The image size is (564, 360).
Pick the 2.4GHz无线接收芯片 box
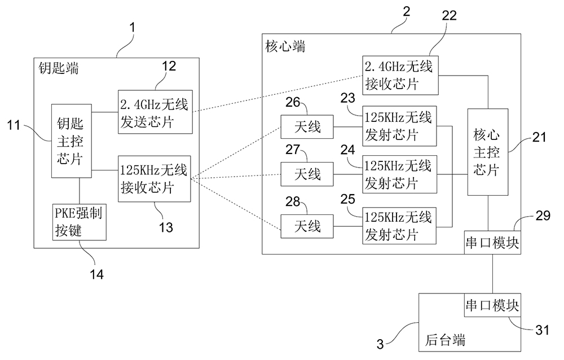tap(399, 77)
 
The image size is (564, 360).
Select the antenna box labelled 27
tap(307, 175)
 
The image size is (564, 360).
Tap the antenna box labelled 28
tap(307, 226)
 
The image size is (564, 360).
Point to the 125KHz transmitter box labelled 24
tap(399, 174)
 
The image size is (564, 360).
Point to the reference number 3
tap(382, 343)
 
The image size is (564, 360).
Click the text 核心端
tap(285, 47)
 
